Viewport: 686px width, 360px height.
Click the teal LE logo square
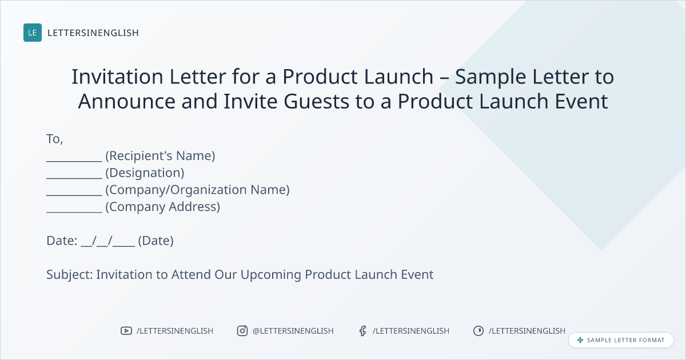pos(33,33)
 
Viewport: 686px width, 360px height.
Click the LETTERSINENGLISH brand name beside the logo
pos(93,33)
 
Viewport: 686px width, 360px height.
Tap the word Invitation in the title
pos(117,77)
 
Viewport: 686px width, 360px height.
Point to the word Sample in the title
pos(490,77)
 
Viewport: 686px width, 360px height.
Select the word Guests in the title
pos(316,102)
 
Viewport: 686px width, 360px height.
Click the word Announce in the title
pos(126,102)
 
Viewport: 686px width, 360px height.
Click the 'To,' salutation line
pos(55,139)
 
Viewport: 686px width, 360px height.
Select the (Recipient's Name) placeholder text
pos(160,156)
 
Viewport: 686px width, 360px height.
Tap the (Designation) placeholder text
pos(145,173)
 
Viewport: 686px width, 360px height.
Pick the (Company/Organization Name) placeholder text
pos(198,190)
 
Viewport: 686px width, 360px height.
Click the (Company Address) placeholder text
pos(162,207)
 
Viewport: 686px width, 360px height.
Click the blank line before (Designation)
pos(74,178)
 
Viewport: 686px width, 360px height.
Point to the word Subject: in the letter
pos(70,275)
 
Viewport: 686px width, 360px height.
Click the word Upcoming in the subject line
pos(271,275)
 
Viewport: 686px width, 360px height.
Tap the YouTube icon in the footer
pos(126,331)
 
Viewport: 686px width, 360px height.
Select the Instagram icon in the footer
pos(242,331)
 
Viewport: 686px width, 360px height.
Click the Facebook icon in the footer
pos(363,331)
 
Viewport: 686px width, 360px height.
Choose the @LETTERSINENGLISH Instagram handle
pos(293,331)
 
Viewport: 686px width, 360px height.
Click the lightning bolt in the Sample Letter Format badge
pos(580,340)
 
